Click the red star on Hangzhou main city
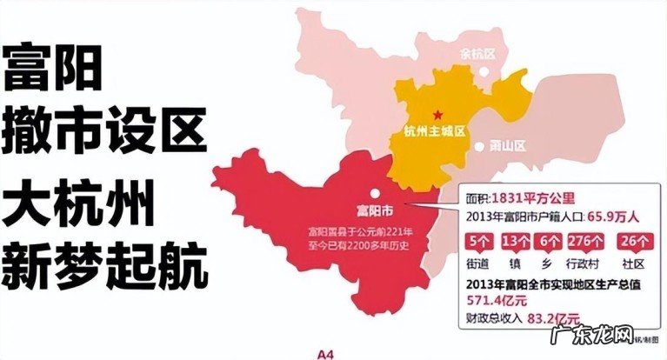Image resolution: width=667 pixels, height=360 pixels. pyautogui.click(x=438, y=114)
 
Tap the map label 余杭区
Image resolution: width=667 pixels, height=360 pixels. pyautogui.click(x=477, y=54)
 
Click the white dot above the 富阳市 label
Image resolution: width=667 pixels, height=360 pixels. pyautogui.click(x=373, y=193)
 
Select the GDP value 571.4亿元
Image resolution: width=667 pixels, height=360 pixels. pyautogui.click(x=491, y=298)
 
